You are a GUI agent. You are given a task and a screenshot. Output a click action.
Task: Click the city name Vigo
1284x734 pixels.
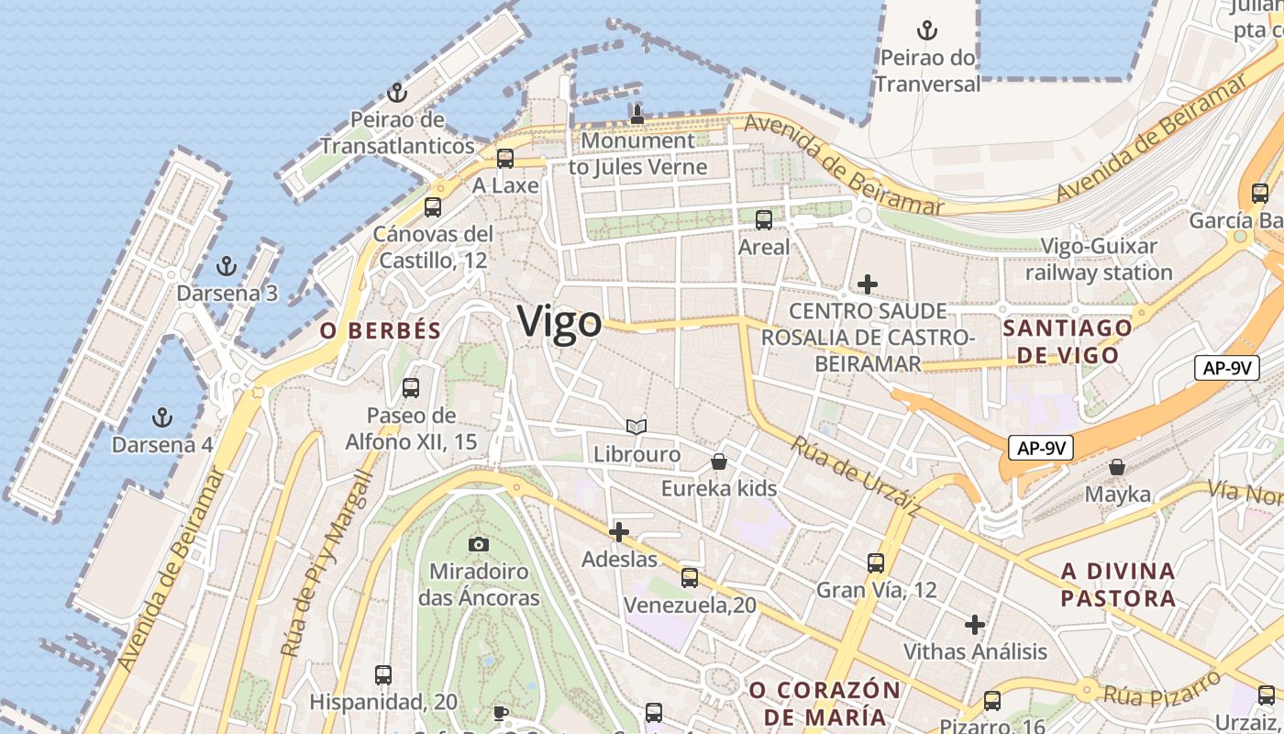[559, 322]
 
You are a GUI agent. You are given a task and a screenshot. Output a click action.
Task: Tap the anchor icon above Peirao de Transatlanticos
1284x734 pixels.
[397, 93]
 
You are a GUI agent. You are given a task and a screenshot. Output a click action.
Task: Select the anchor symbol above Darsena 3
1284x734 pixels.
[226, 267]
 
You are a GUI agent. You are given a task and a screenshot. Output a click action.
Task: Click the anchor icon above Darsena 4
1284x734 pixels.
[162, 418]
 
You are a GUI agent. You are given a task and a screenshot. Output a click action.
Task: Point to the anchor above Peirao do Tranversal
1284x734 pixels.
[927, 30]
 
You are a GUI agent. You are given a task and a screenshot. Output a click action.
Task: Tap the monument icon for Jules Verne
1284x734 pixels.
[636, 114]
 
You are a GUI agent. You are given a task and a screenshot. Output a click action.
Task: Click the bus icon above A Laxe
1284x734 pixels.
[504, 159]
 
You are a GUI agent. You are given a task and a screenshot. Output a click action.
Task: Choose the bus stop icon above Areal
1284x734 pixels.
[763, 220]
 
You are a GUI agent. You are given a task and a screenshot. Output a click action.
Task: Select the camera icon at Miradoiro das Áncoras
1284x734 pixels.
[478, 545]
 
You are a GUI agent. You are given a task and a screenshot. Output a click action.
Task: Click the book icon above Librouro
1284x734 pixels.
[636, 427]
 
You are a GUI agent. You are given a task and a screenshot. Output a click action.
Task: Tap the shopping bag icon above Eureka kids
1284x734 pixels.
[719, 461]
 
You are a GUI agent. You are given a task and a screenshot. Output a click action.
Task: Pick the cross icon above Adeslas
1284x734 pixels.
[619, 531]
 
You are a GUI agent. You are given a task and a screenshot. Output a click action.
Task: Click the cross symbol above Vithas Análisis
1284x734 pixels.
[975, 625]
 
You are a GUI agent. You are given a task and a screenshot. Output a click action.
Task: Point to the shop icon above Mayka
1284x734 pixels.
[1117, 467]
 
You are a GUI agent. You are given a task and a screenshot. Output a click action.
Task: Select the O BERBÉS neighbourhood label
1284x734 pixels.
[381, 331]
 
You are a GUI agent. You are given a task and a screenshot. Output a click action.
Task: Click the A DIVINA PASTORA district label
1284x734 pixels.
[1118, 584]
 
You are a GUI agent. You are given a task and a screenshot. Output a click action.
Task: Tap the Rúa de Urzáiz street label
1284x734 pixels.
[855, 475]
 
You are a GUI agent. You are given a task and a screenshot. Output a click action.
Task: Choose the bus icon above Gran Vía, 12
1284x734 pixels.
[876, 563]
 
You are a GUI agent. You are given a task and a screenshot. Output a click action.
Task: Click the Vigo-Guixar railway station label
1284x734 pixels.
[1099, 260]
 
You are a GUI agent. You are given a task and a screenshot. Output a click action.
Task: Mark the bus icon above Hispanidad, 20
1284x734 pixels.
[383, 675]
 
